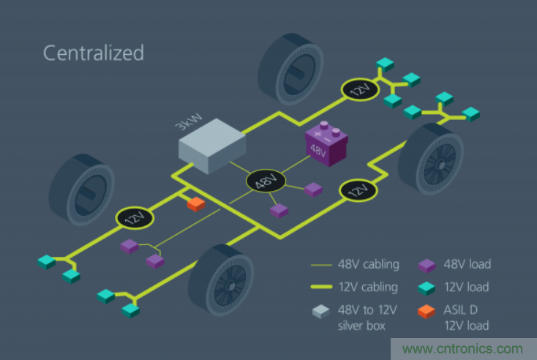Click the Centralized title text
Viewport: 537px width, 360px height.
[93, 53]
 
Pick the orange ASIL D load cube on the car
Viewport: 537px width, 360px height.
[196, 204]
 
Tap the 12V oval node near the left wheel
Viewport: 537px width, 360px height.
[135, 217]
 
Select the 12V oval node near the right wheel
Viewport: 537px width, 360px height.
[358, 191]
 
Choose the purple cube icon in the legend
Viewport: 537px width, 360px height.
[428, 263]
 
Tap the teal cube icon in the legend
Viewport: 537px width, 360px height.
[428, 287]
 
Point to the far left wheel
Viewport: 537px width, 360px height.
[80, 188]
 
